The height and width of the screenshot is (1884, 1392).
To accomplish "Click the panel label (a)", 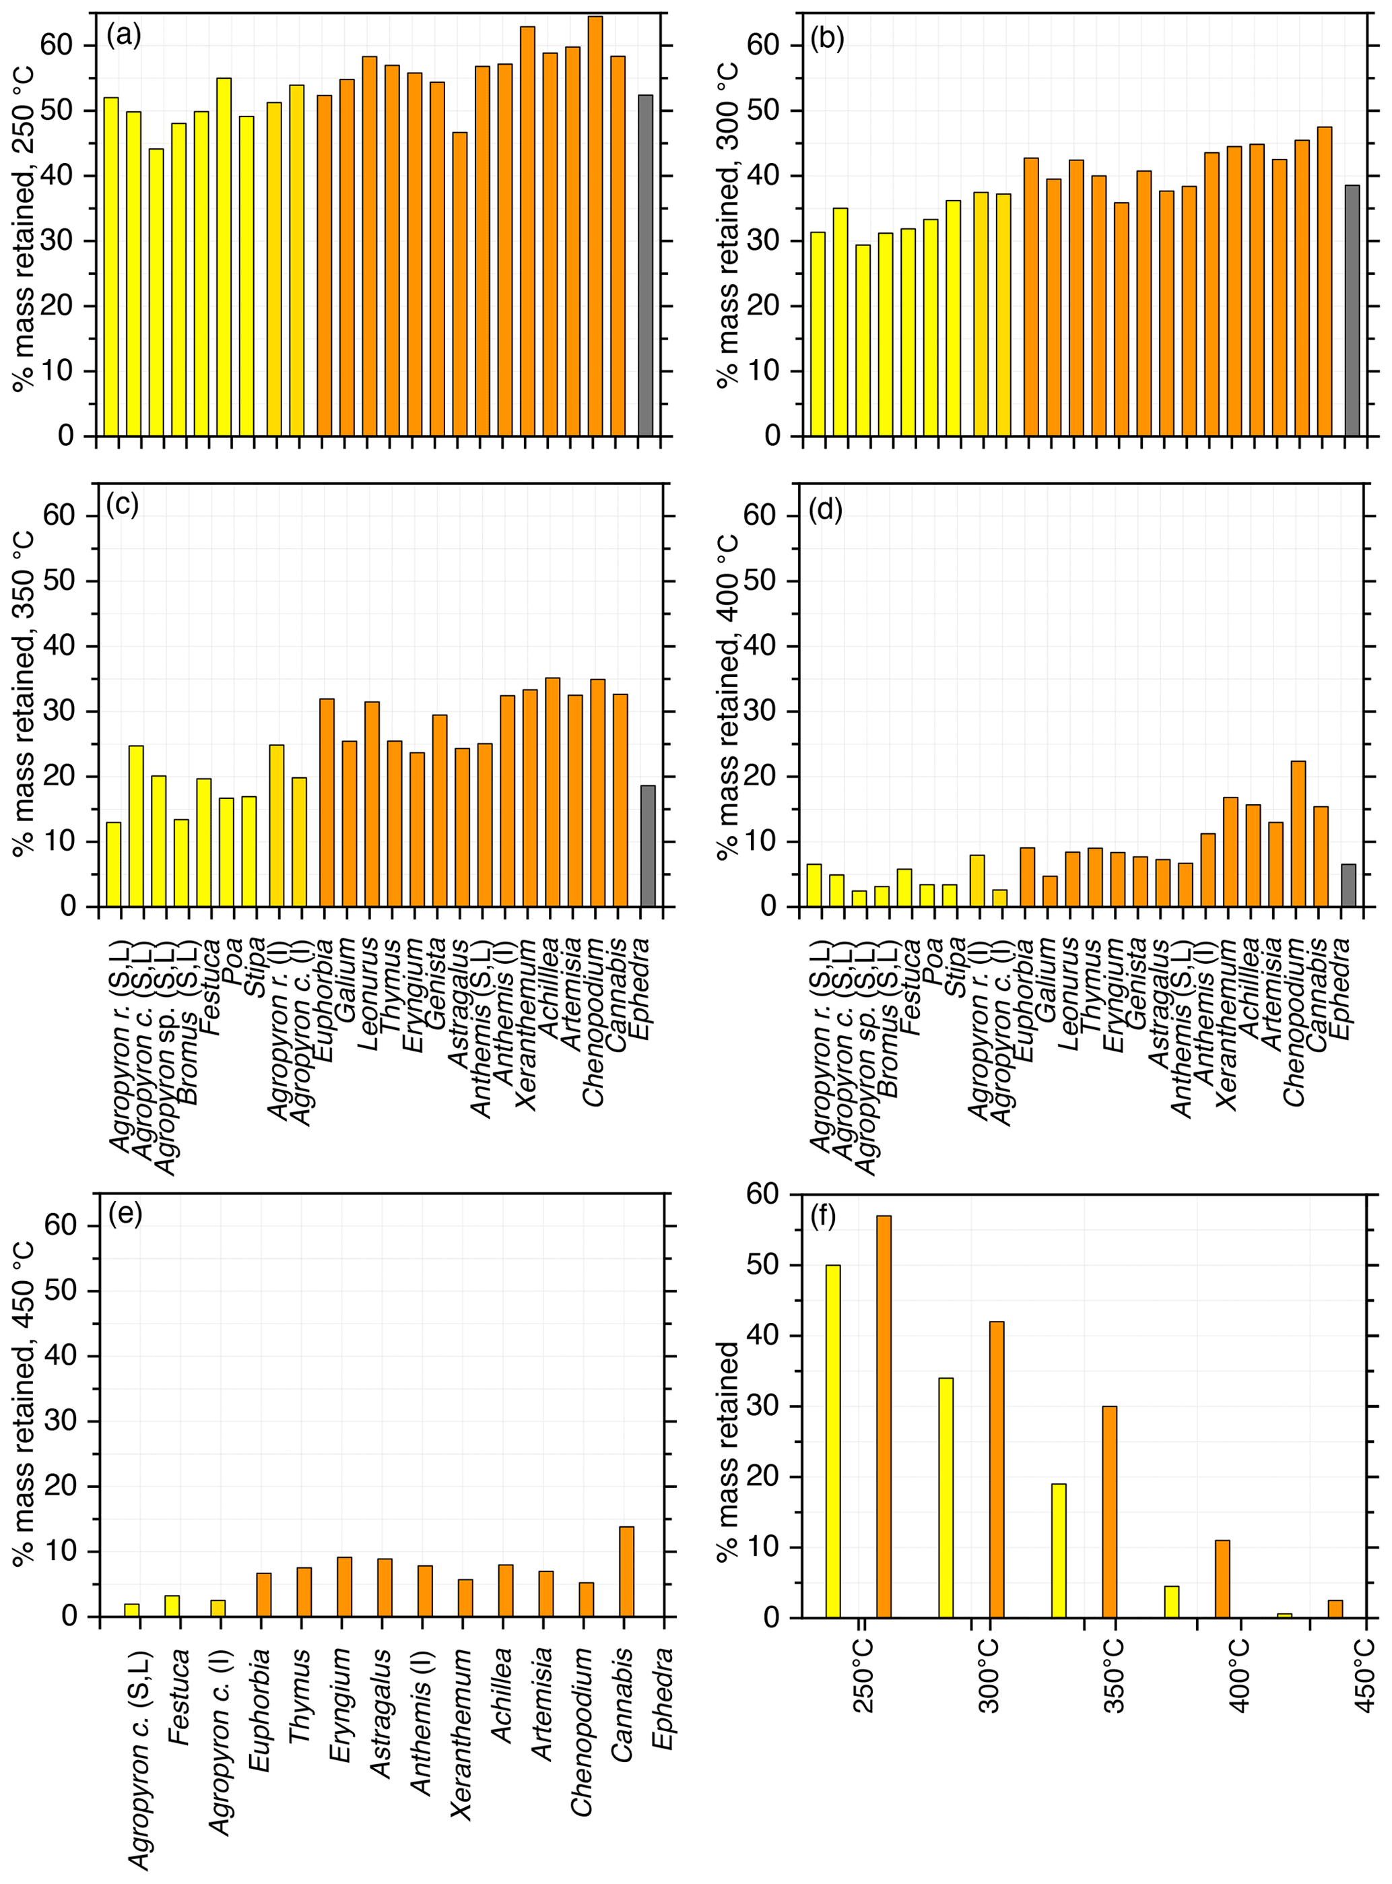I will click(124, 36).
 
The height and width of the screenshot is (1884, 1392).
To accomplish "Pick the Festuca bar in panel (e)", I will click(172, 1605).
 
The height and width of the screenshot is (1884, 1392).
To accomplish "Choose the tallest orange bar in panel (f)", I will click(884, 1416).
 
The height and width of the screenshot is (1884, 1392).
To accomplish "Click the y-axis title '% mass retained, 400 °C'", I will click(728, 696).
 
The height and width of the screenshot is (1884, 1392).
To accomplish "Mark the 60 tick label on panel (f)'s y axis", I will click(764, 1196).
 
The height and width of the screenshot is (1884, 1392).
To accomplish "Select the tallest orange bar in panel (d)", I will click(1298, 833).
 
